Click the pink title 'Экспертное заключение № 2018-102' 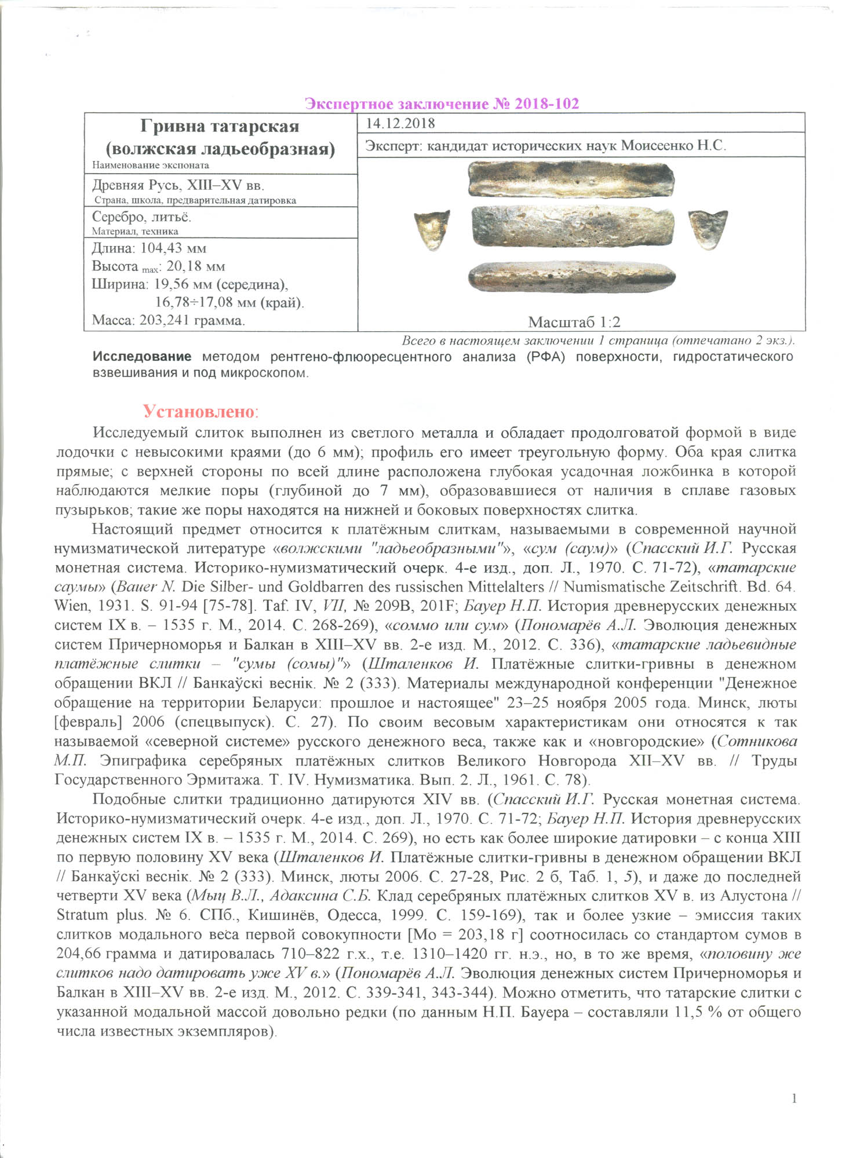pos(442,104)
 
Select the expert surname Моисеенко pos(655,146)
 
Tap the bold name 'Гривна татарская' pos(220,127)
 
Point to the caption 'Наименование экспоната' pos(151,165)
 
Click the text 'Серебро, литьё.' pos(141,217)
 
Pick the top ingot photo pos(571,179)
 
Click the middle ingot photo pos(573,227)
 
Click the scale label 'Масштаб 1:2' pos(574,322)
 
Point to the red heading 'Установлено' pos(198,412)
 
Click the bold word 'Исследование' pos(142,357)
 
